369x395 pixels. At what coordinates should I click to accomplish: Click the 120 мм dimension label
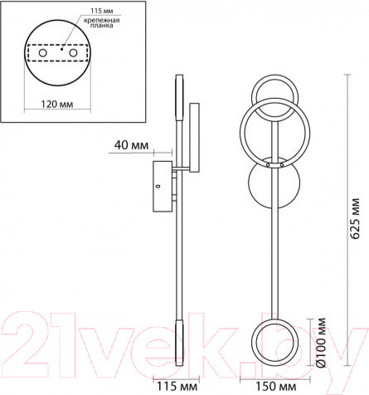click(57, 105)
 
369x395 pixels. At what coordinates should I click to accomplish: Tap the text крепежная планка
click(102, 22)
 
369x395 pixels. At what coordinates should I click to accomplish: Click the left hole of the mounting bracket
click(43, 53)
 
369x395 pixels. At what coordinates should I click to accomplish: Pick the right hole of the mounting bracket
click(73, 53)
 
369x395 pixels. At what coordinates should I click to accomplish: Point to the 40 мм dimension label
click(131, 145)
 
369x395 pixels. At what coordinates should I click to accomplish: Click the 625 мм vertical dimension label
click(355, 218)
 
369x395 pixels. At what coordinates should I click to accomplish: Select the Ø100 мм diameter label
click(321, 343)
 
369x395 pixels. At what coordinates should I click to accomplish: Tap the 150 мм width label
click(275, 386)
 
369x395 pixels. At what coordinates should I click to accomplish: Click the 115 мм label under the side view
click(177, 386)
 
